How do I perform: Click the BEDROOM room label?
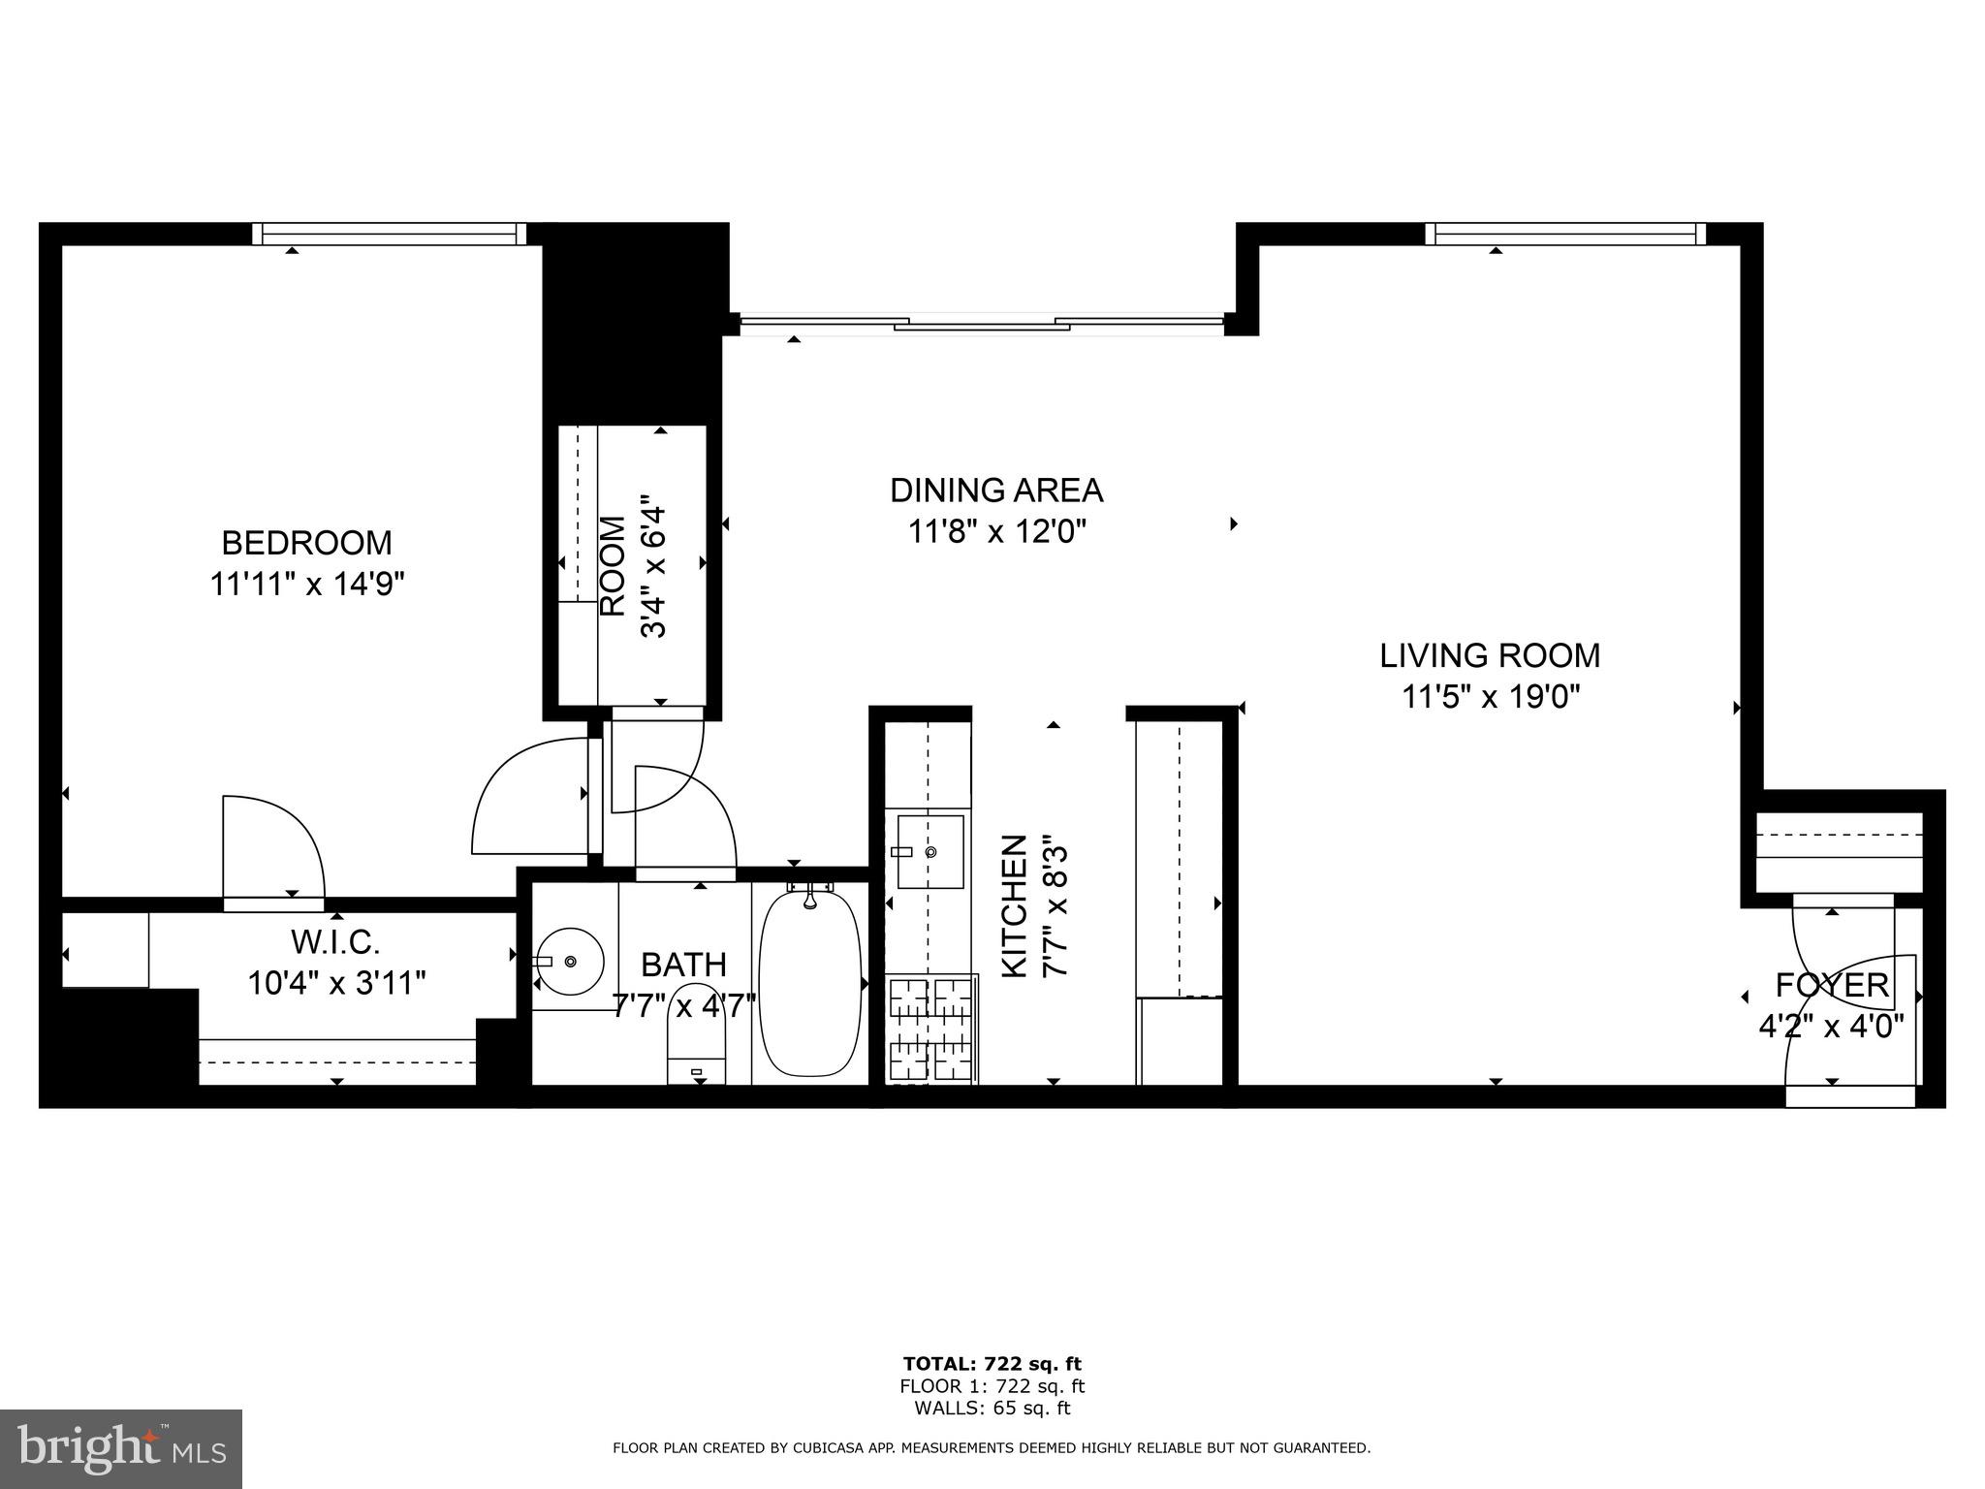(306, 542)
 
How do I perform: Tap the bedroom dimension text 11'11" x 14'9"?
(306, 585)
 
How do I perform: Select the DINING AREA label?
(996, 491)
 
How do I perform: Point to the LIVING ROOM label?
(1490, 656)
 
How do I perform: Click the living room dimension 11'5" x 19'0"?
(1491, 697)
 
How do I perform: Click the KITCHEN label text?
(1014, 906)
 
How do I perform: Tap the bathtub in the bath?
(809, 983)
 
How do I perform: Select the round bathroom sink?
(571, 961)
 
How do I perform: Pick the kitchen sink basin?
(930, 851)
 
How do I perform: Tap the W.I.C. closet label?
(335, 941)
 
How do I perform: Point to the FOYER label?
(1832, 986)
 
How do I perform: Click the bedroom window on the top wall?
(389, 234)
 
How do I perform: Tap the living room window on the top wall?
(1564, 234)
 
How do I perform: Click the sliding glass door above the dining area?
(981, 323)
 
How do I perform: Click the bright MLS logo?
(121, 1449)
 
